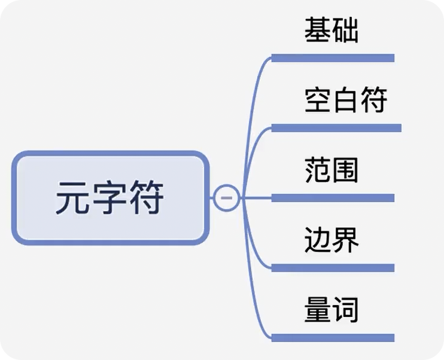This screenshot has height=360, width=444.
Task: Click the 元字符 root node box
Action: pos(111,198)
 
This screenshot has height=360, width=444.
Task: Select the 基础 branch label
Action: pos(331,30)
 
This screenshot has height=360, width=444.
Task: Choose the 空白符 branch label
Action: pos(345,100)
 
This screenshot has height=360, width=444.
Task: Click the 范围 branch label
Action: pos(331,170)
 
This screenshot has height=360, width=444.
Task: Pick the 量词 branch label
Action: pos(331,310)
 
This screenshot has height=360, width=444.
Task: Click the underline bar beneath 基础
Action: pos(333,58)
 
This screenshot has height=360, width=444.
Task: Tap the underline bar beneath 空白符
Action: pos(336,128)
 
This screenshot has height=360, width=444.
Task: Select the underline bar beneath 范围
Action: pos(333,198)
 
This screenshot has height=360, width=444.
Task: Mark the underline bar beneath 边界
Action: pos(333,268)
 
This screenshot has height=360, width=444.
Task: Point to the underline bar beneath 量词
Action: pos(333,338)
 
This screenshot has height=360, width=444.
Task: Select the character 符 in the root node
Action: pos(147,198)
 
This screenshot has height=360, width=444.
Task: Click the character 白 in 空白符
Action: pos(345,100)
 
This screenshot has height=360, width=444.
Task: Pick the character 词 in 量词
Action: pos(345,310)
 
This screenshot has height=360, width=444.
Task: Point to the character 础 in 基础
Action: pos(345,30)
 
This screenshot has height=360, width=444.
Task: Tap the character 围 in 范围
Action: pos(345,170)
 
